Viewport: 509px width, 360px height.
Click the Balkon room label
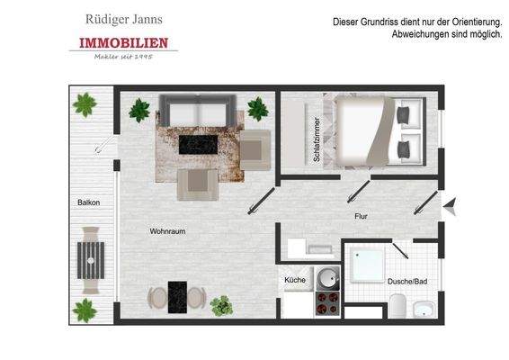tap(89, 202)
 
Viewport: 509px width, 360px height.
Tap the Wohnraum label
tap(167, 231)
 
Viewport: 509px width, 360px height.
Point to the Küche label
tap(295, 280)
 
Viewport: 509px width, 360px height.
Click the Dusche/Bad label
tap(406, 282)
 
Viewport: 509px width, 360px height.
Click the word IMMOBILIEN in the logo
tap(123, 43)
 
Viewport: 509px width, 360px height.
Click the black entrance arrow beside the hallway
tap(452, 206)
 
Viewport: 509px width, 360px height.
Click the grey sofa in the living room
tap(194, 113)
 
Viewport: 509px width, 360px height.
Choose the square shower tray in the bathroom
tap(369, 266)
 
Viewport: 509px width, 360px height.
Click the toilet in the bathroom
tap(423, 311)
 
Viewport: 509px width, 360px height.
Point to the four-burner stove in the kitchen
tap(326, 304)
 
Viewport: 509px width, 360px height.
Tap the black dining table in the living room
tap(177, 295)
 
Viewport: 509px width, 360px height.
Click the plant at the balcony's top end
tap(85, 106)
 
